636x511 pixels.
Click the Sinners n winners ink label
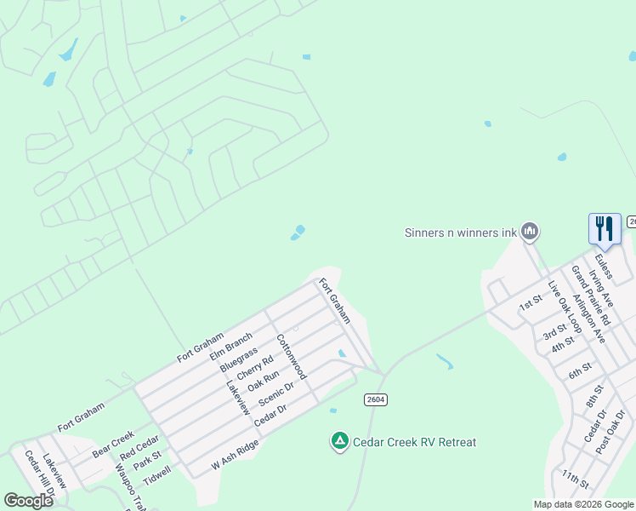(460, 232)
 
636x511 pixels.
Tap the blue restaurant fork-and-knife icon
(605, 228)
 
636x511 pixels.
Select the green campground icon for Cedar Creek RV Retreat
(339, 440)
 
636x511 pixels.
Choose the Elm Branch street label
(230, 347)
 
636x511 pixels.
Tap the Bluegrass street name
(239, 359)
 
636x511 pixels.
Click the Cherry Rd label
(255, 368)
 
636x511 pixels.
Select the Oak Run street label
(264, 380)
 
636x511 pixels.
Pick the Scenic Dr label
(276, 392)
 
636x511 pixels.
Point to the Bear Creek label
(114, 444)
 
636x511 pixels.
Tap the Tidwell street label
(157, 474)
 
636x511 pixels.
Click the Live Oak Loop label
(559, 304)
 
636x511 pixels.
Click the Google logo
(28, 500)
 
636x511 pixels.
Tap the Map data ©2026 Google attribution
(582, 504)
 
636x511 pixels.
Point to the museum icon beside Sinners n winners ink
(530, 231)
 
